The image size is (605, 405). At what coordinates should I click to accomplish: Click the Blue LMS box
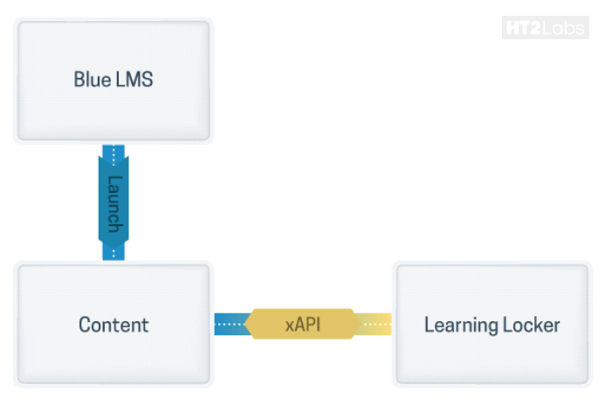(113, 79)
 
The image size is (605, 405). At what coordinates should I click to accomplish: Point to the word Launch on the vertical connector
(113, 203)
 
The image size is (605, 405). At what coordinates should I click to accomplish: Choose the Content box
(113, 324)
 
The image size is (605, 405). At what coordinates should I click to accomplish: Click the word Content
(113, 325)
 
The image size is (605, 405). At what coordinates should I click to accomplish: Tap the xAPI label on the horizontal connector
(302, 325)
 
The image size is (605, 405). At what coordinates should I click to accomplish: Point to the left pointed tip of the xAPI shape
(246, 325)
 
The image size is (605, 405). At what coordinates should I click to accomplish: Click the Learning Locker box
(492, 324)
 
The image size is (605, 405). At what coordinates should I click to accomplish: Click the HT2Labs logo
(544, 29)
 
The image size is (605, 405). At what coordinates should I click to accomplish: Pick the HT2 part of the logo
(522, 29)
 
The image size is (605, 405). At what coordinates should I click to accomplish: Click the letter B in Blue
(79, 79)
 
